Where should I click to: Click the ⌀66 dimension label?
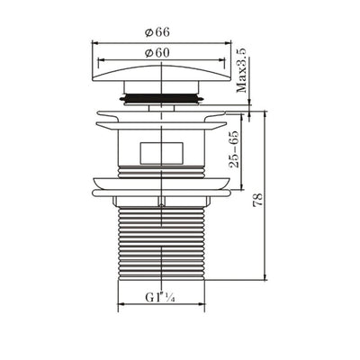coord(157,32)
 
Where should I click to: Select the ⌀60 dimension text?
coord(157,53)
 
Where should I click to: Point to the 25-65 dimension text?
coord(233,149)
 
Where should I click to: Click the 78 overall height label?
coord(258,200)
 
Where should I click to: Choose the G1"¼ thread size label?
coord(160,298)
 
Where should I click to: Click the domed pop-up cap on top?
coord(161,73)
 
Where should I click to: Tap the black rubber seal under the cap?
coord(161,98)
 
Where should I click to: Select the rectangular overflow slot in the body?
coord(161,153)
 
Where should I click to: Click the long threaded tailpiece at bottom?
coord(161,244)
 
